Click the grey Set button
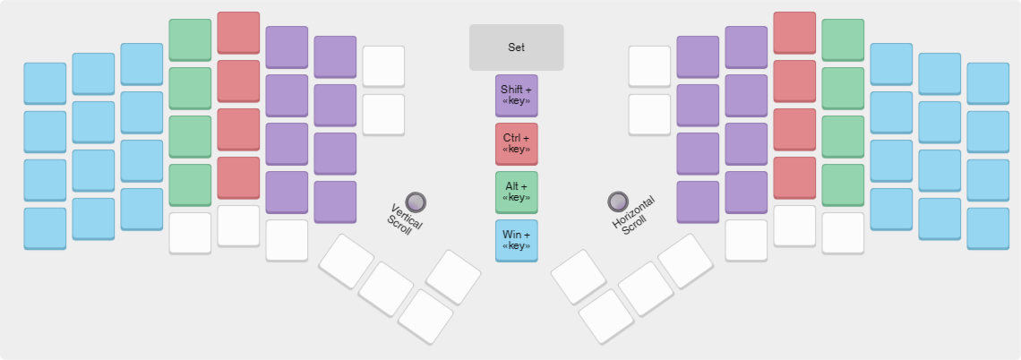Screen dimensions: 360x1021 517,47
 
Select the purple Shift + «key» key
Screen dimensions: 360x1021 517,95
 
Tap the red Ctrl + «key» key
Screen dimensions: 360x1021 517,143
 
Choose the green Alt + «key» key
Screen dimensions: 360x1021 517,192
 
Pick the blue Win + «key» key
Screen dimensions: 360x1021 517,240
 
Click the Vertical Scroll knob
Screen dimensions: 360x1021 416,201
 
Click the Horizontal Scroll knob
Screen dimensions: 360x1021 618,201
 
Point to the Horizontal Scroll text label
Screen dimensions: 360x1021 631,217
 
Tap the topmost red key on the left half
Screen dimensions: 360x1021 238,32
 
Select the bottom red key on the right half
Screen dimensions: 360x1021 794,177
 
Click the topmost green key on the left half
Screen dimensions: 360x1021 190,39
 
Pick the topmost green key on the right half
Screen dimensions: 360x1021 843,39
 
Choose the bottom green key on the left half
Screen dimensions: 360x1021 190,184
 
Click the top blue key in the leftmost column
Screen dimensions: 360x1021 45,83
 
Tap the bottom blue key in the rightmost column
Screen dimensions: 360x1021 988,228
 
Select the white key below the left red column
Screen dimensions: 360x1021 238,226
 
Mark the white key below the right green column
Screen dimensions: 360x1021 843,233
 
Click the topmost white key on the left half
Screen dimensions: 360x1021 383,66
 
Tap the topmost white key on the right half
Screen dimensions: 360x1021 649,66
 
